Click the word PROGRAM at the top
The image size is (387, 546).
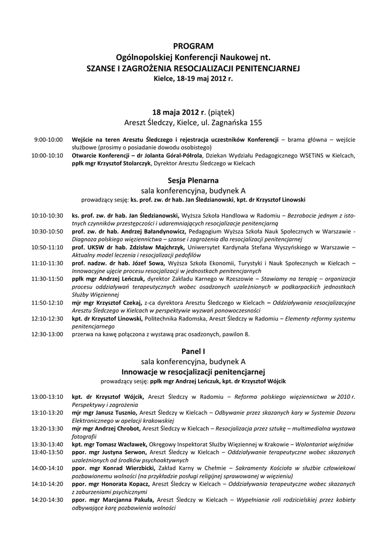click(193, 46)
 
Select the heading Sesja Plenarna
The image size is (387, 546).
click(193, 181)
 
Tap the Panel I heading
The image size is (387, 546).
click(193, 351)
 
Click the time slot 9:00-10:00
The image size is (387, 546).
click(49, 139)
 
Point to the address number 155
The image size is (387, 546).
click(254, 123)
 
